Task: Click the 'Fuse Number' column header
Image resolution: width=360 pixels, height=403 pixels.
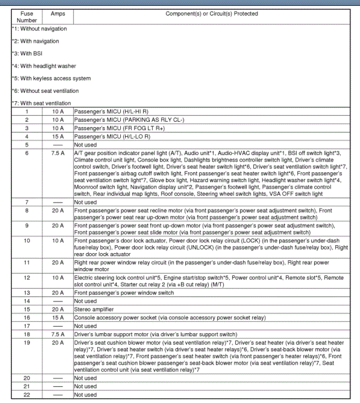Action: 26,17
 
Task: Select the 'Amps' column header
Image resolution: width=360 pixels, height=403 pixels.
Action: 58,14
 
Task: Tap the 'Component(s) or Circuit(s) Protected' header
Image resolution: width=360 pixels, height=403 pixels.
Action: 212,14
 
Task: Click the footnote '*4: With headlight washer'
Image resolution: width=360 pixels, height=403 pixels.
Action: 44,66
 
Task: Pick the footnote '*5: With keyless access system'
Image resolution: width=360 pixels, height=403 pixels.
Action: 51,78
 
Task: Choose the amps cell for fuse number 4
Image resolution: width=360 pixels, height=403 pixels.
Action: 58,136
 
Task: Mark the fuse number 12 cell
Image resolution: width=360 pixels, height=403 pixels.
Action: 27,277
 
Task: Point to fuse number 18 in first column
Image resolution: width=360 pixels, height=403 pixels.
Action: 27,334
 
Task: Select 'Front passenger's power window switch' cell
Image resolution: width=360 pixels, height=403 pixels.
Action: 124,293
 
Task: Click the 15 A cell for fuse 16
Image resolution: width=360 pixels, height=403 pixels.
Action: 58,318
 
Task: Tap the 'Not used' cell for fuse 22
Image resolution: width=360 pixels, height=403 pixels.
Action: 85,395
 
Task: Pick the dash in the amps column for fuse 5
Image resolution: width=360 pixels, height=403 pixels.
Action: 58,145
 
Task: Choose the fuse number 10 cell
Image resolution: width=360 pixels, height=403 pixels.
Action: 27,241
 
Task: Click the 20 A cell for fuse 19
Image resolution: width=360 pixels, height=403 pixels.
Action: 58,343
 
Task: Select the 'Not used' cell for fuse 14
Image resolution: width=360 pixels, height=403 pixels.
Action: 85,301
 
